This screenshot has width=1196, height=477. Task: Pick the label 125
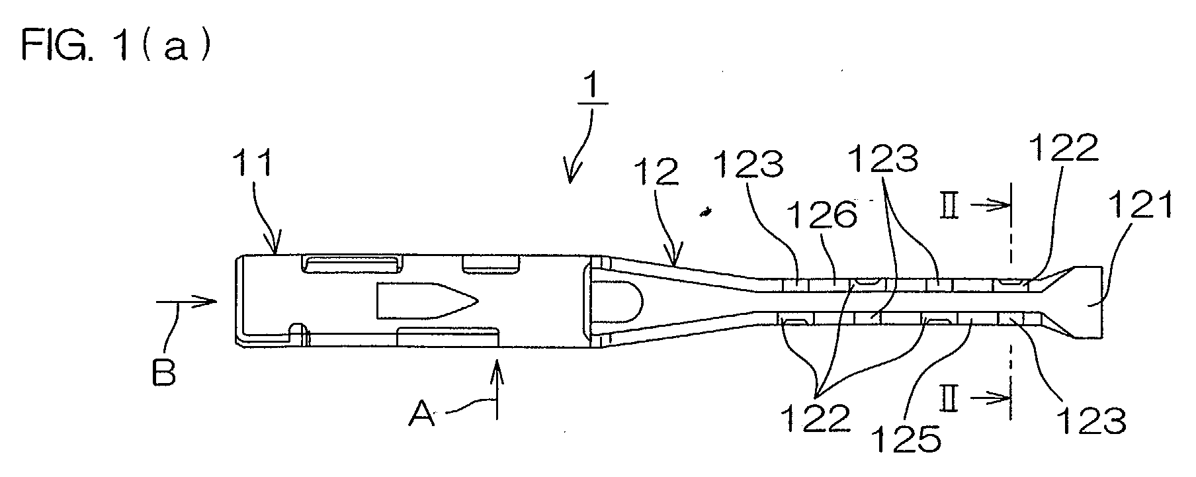[906, 439]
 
